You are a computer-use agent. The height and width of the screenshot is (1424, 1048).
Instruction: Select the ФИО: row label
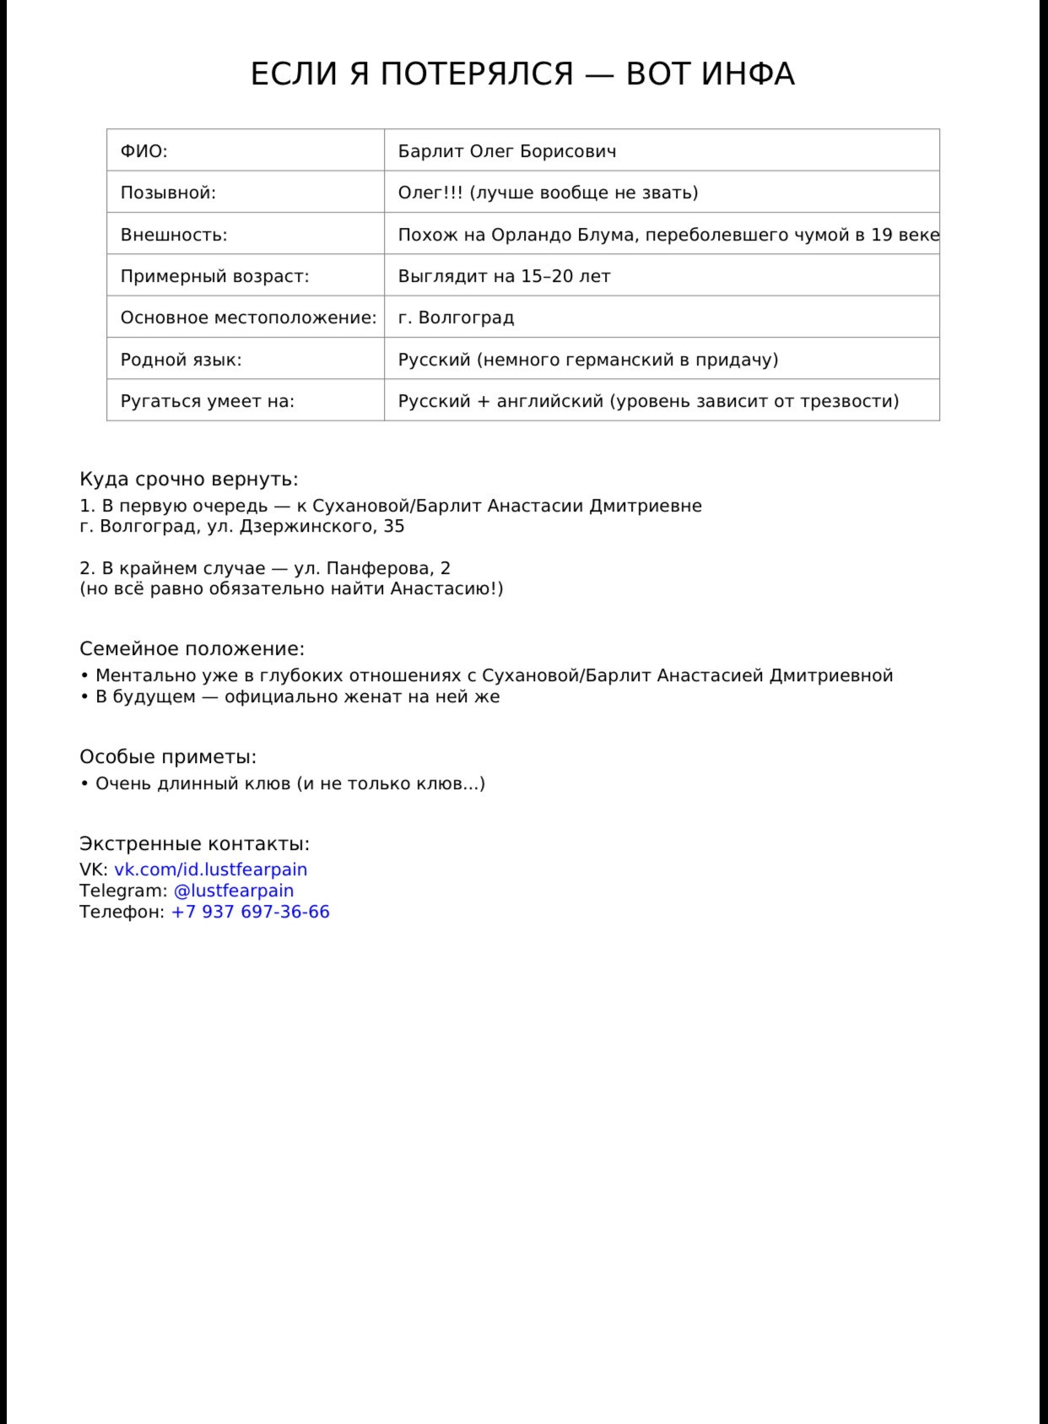tap(144, 151)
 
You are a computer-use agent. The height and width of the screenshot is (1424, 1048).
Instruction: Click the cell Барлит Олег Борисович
tap(507, 151)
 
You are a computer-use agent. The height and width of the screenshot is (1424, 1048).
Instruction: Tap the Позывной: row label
tap(169, 192)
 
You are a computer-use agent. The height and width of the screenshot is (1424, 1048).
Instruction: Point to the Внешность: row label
tap(174, 235)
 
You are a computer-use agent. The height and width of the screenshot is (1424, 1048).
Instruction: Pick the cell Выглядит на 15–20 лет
tap(505, 276)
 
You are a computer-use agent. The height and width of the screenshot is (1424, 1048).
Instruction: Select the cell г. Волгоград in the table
tap(456, 317)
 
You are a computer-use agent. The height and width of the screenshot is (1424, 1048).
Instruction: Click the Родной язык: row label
tap(181, 360)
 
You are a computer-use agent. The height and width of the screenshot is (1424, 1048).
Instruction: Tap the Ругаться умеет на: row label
tap(208, 401)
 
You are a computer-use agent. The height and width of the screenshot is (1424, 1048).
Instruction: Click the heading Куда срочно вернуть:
tap(189, 479)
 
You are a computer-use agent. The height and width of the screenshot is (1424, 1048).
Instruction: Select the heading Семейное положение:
tap(192, 649)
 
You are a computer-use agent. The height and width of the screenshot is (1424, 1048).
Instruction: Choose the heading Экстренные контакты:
tap(195, 844)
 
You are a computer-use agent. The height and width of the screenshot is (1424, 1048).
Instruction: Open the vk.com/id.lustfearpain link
tap(211, 869)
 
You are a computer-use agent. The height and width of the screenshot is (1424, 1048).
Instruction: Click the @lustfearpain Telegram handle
tap(234, 891)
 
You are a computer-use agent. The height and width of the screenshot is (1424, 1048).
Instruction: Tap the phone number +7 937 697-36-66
tap(251, 912)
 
